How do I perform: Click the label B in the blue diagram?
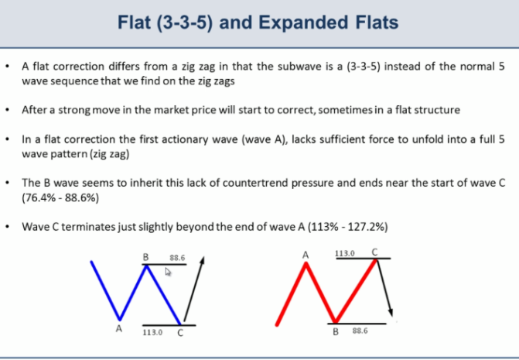coord(145,257)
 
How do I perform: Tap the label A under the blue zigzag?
coord(119,328)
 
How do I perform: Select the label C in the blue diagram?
coord(180,333)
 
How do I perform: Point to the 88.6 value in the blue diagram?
coord(177,258)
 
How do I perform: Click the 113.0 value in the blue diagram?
coord(152,332)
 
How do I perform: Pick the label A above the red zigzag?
coord(306,255)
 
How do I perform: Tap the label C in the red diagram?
coord(374,252)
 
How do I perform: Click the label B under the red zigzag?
coord(336,331)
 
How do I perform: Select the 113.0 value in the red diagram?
coord(345,253)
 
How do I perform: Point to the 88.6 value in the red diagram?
coord(360,331)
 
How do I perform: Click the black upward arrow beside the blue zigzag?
coord(194,289)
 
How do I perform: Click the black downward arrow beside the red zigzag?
coord(384,288)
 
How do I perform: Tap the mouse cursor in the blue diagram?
coord(168,272)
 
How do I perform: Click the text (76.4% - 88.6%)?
coord(60,197)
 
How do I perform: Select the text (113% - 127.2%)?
coord(347,227)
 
